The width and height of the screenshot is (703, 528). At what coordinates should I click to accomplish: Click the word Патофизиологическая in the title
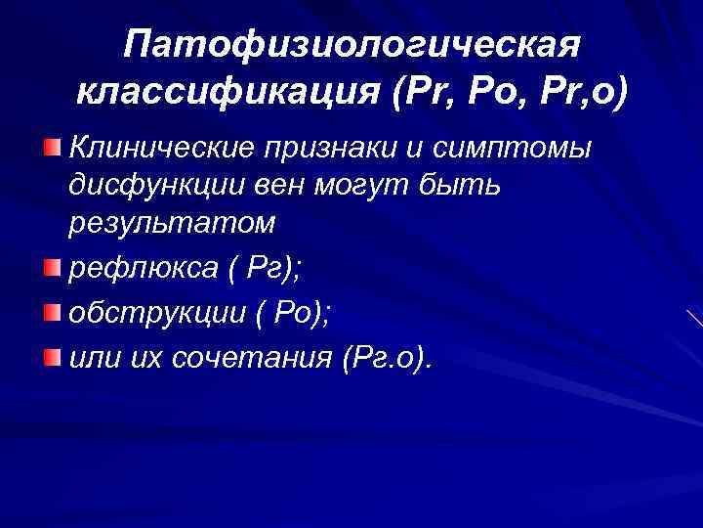353,44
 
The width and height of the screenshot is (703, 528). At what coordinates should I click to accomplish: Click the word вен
265,186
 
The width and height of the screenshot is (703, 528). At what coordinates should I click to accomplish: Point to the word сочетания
253,360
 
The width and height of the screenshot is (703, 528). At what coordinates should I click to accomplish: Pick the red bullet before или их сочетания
51,357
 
